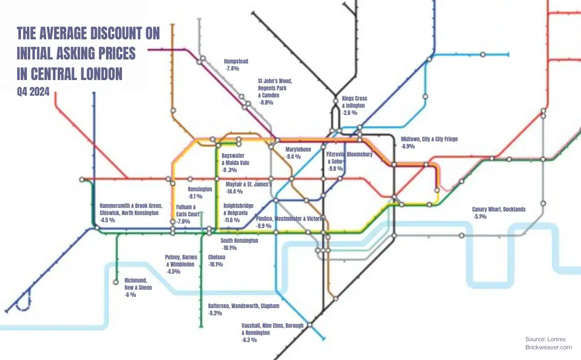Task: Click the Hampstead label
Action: coord(236,61)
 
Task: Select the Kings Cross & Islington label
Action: coord(353,102)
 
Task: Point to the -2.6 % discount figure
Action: coord(349,113)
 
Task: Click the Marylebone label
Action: coord(298,149)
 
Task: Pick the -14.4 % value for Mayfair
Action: coord(234,191)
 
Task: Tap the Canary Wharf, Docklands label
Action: coord(499,209)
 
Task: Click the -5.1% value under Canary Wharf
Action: coord(480,217)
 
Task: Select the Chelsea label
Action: coord(216,257)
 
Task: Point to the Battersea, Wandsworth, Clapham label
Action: coord(244,306)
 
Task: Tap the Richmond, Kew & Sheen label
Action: coord(138,284)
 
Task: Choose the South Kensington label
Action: coord(239,241)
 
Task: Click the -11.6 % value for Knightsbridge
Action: coord(232,220)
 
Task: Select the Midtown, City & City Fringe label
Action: coord(429,139)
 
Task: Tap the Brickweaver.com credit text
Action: coord(548,347)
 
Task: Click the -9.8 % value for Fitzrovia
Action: coord(335,169)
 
